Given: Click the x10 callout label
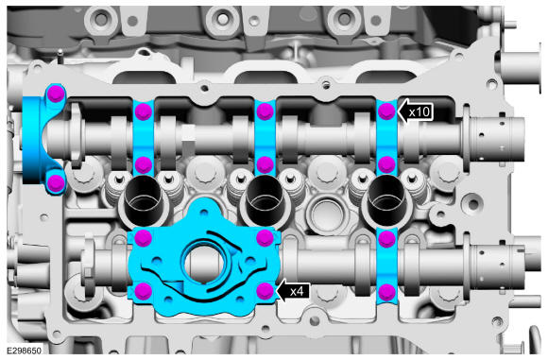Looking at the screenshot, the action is (420, 112).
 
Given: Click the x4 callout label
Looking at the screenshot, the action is (297, 291).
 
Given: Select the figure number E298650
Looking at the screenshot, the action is (24, 351).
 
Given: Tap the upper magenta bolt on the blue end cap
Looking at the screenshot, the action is (56, 94).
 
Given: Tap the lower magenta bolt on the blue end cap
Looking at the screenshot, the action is (56, 182).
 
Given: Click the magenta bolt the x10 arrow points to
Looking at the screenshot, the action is (386, 111).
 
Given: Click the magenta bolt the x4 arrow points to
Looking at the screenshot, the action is (265, 291).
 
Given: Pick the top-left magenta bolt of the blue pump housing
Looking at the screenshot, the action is (144, 238).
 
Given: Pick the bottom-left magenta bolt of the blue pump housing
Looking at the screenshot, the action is (144, 291).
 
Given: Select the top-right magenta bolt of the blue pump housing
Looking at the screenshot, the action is (265, 238).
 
